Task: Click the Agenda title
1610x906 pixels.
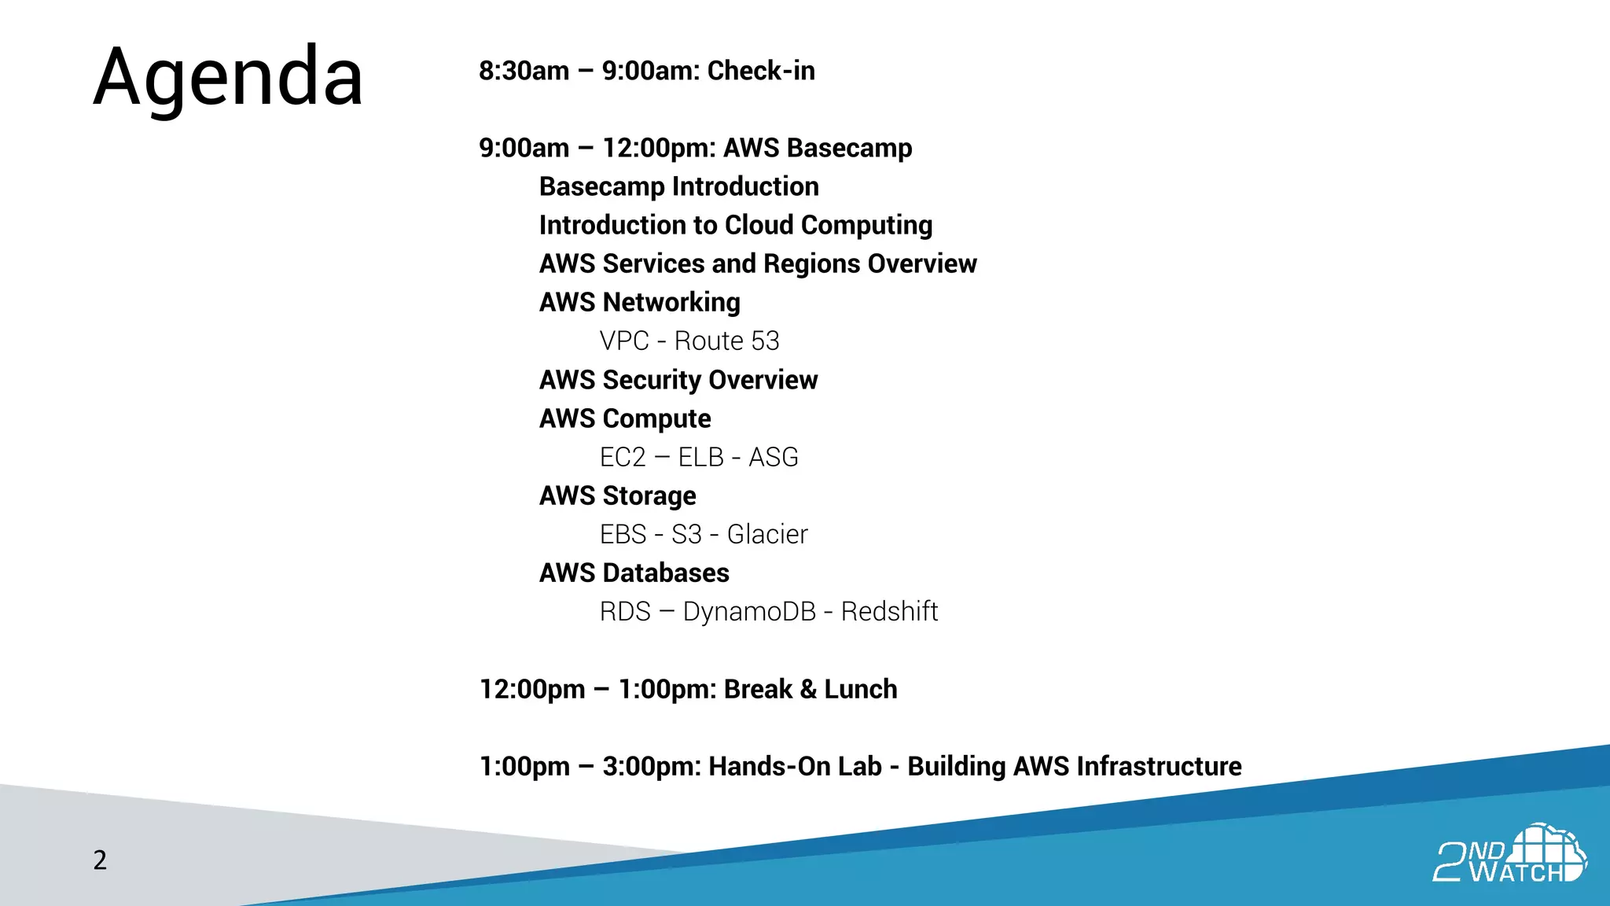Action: coord(228,77)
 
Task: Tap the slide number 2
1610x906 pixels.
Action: coord(100,860)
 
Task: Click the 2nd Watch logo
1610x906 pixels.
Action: coord(1509,855)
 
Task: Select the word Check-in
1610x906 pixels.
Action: coord(761,71)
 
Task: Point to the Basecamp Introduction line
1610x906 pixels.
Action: coord(679,186)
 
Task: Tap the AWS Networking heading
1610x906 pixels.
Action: coord(640,302)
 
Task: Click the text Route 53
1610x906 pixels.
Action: coord(726,341)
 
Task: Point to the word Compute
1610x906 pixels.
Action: coord(656,419)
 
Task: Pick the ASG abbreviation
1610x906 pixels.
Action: coord(773,457)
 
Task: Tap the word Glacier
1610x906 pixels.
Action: coord(767,534)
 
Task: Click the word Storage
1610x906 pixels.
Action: coord(649,496)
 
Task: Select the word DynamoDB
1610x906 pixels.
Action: coord(749,611)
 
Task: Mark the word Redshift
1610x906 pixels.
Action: coord(889,611)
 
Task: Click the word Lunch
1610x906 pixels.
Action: coord(860,689)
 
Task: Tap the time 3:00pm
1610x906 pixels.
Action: coord(651,767)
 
